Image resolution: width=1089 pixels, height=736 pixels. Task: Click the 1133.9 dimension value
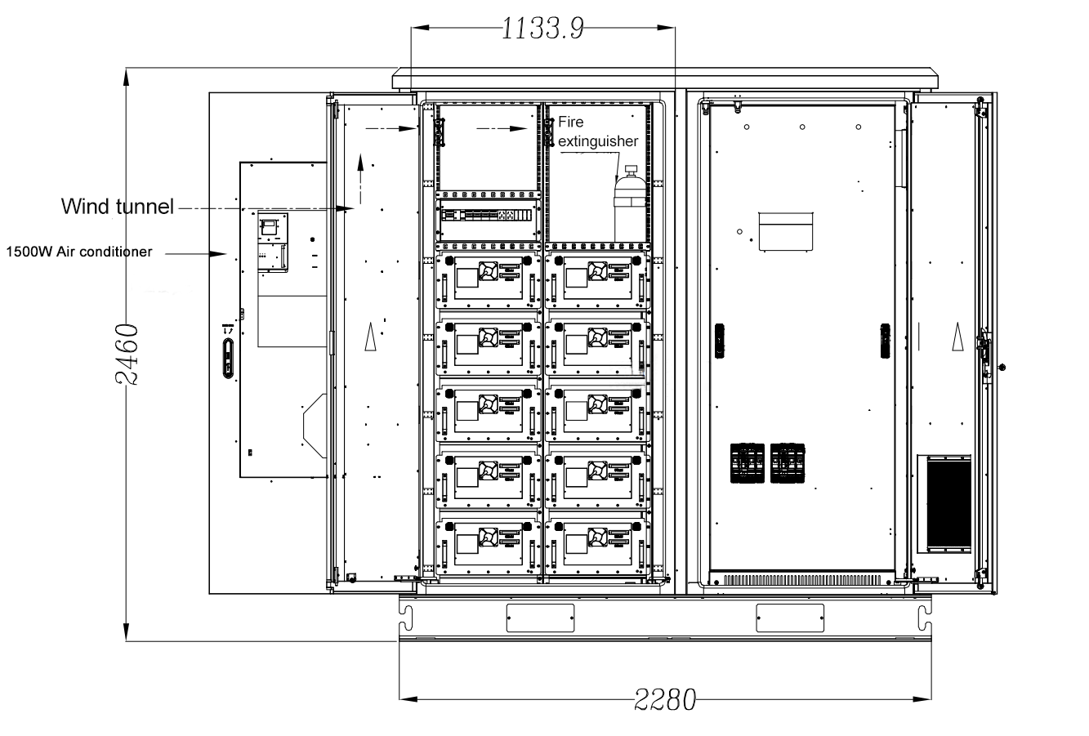click(x=542, y=29)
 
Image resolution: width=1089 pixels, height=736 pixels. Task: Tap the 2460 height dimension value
click(x=127, y=355)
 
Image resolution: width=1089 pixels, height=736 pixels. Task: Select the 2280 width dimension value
click(x=665, y=700)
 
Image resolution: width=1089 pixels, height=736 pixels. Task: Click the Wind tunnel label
click(x=117, y=207)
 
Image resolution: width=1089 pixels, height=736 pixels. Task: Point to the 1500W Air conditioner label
click(x=78, y=252)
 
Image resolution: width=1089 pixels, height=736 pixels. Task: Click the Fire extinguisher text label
click(x=597, y=132)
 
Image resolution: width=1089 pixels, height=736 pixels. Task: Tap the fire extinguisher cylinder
click(x=630, y=204)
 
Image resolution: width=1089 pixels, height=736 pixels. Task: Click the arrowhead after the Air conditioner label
click(x=218, y=254)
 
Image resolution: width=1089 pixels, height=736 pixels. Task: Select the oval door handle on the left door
click(x=228, y=359)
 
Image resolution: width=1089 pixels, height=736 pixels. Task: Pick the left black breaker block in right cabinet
click(x=747, y=463)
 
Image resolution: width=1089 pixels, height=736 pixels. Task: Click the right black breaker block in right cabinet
click(x=788, y=463)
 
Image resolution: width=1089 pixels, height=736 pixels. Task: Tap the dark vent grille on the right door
click(x=949, y=504)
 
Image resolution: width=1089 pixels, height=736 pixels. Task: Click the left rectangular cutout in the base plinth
click(x=540, y=618)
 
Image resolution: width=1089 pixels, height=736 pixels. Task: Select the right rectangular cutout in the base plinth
click(x=790, y=618)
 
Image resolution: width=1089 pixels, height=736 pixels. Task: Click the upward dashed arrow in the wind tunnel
click(x=360, y=178)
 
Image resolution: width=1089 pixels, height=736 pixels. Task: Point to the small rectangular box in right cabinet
click(x=786, y=232)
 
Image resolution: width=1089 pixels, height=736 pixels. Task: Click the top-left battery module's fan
click(x=488, y=270)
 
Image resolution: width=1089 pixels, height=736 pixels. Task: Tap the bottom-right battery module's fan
click(x=597, y=537)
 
